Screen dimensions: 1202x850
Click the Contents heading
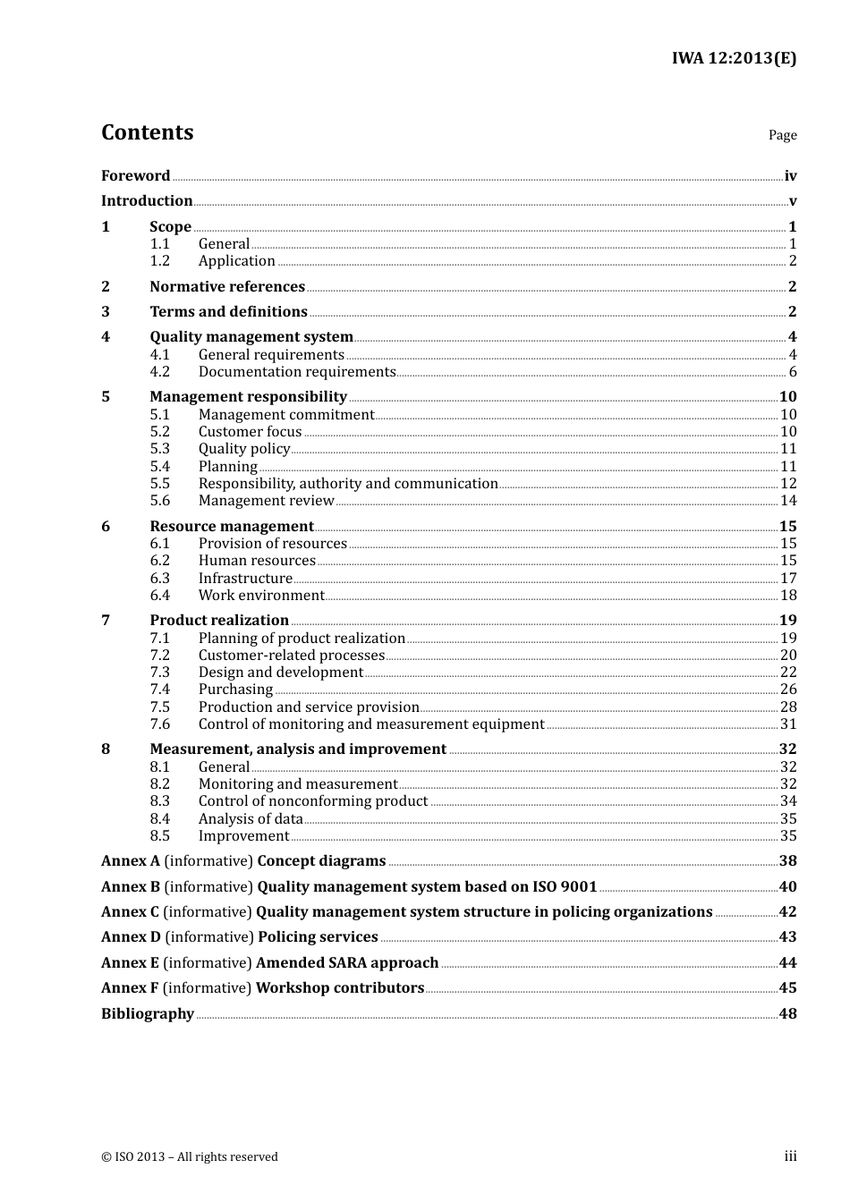147,132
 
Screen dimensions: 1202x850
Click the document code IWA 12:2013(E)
734,58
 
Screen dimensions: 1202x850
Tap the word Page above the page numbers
782,135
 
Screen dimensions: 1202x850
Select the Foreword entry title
135,175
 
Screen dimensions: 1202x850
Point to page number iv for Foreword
790,176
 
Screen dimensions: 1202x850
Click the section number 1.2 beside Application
159,261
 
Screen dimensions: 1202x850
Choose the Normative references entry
227,286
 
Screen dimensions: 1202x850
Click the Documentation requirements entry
297,372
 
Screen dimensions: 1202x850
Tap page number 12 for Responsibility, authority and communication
788,484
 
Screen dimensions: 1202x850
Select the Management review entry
266,501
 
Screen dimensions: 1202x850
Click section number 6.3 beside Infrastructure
159,579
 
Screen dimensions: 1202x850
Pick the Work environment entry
261,596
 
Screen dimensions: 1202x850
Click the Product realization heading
219,621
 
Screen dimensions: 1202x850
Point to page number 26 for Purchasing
788,690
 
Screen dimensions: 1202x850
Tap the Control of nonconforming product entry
313,801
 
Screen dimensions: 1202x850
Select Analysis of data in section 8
251,819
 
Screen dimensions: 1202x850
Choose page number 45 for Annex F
787,988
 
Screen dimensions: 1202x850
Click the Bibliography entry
148,1014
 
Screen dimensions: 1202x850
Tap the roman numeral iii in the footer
790,1156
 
